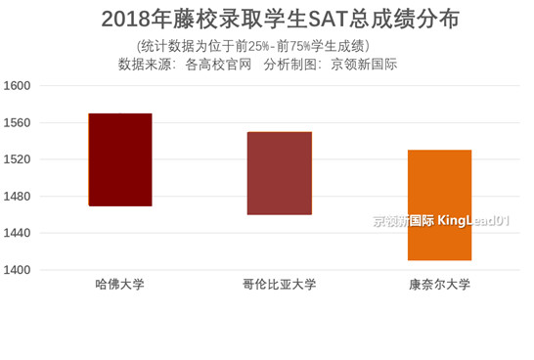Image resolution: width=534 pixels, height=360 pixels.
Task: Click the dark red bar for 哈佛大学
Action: pyautogui.click(x=120, y=159)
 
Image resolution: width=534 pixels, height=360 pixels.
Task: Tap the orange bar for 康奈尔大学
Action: pyautogui.click(x=439, y=204)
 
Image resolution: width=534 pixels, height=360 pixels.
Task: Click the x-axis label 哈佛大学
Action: pyautogui.click(x=120, y=285)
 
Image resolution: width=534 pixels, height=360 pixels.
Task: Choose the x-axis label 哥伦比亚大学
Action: pyautogui.click(x=280, y=285)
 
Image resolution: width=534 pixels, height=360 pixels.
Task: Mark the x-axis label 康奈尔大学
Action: pyautogui.click(x=439, y=285)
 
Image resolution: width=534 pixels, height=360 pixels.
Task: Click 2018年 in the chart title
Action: pyautogui.click(x=135, y=20)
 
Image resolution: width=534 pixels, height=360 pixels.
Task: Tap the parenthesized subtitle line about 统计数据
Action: pyautogui.click(x=253, y=46)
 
